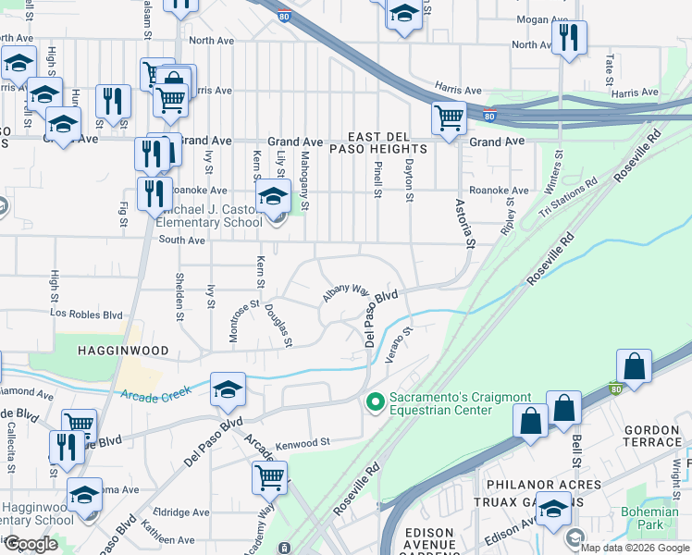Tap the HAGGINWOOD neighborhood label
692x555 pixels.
click(123, 351)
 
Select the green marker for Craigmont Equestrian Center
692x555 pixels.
click(375, 401)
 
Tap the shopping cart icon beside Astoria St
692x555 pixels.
click(449, 117)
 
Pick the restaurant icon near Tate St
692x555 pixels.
click(567, 37)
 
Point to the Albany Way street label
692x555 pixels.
click(345, 292)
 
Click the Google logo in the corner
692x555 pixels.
click(31, 544)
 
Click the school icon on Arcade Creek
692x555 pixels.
click(228, 389)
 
